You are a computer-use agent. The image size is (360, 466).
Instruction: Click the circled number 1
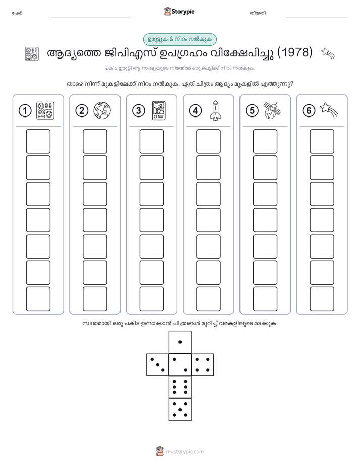coord(25,111)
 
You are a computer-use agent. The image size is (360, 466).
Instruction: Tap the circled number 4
coord(195,111)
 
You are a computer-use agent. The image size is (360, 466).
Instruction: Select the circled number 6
coord(309,111)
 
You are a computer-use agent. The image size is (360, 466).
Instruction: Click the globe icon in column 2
coord(102,110)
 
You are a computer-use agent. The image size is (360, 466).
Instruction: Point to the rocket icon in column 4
coord(216,110)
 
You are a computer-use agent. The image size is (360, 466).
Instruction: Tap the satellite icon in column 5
coord(272,110)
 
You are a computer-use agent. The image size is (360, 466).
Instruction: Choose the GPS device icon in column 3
coord(159,110)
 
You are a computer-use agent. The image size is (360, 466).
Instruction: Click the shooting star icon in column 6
coord(329,110)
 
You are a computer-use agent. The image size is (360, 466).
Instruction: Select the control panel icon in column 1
coord(45,110)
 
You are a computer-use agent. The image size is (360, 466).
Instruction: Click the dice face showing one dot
coord(180,342)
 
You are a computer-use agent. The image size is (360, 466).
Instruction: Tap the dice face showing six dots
coord(180,387)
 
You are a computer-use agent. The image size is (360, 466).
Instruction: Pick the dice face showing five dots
coord(180,410)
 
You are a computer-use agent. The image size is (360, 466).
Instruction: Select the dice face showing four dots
coord(203,365)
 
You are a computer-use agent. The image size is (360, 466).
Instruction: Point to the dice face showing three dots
coord(157,365)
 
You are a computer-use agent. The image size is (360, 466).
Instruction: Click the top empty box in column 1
coord(38,141)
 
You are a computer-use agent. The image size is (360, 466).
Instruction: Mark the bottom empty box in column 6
coord(322,299)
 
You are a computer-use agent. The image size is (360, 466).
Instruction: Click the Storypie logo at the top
coord(179,12)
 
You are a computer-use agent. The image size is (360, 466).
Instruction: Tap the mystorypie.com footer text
coord(180,452)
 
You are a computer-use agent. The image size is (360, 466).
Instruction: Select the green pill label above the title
coord(180,39)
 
